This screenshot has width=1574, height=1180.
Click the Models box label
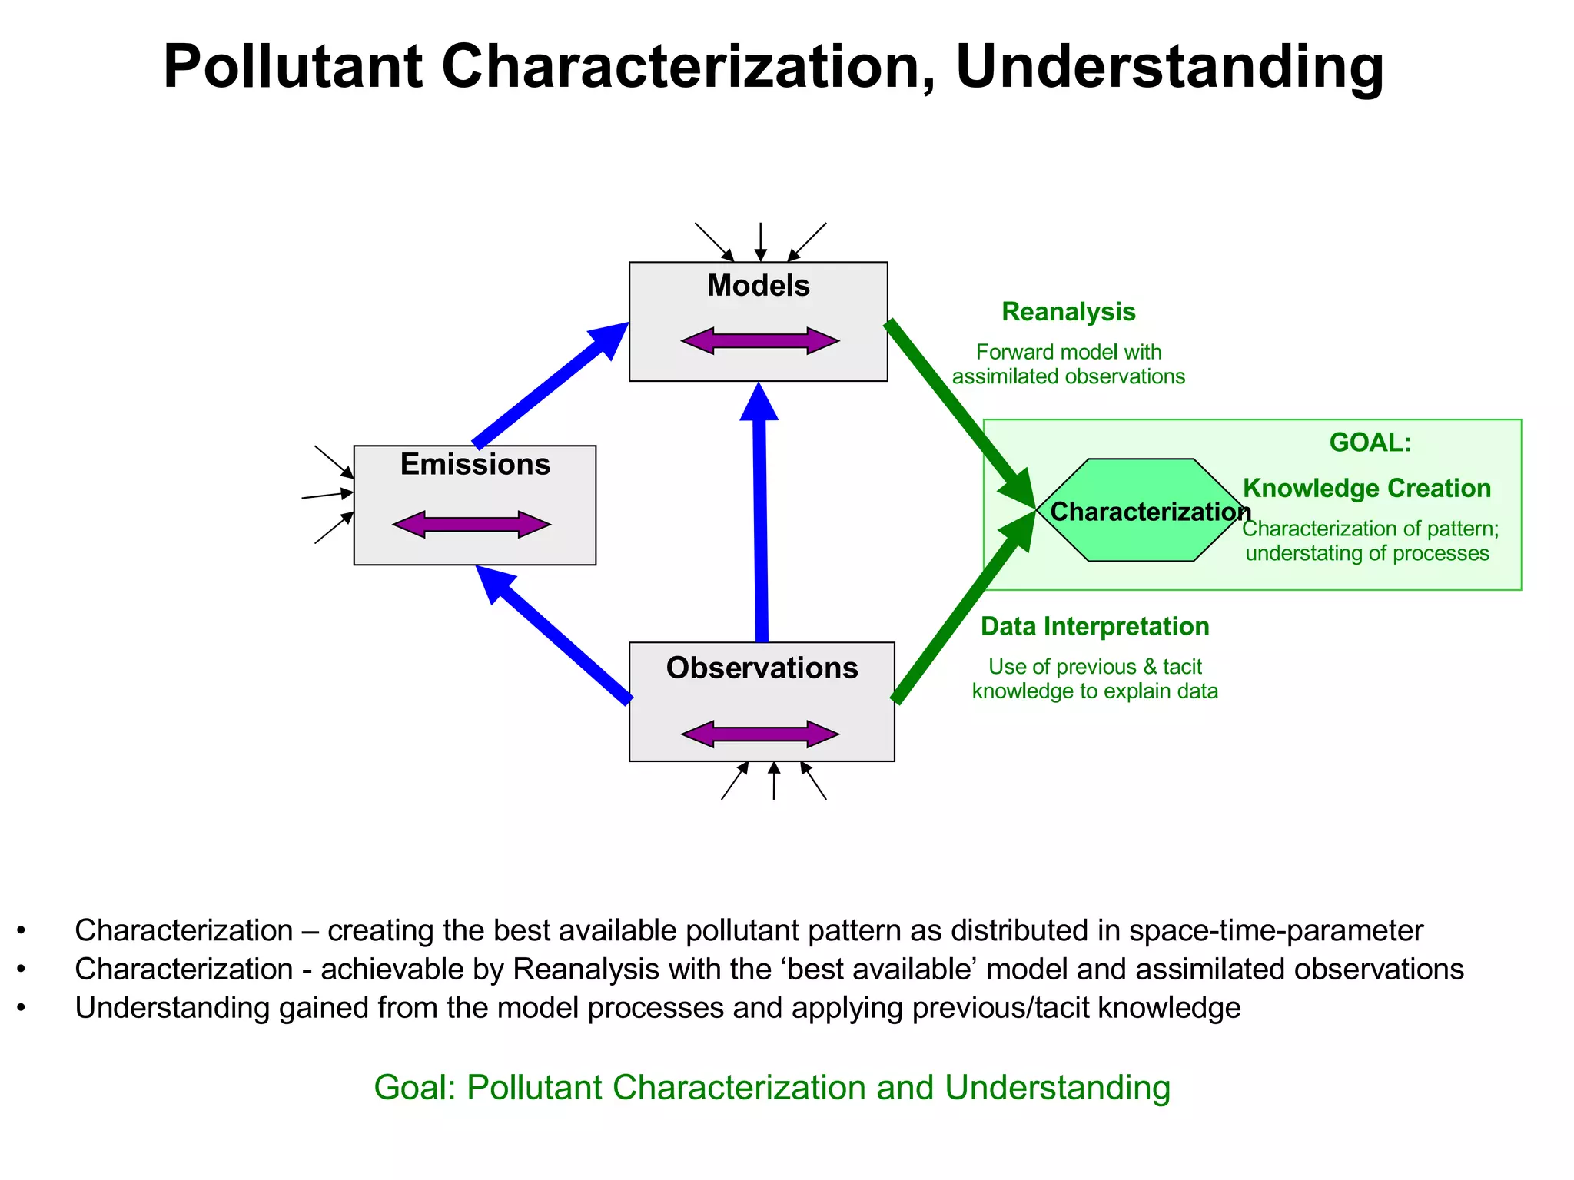pyautogui.click(x=758, y=286)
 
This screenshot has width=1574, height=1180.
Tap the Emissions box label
pyautogui.click(x=475, y=465)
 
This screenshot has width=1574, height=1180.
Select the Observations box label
pyautogui.click(x=762, y=668)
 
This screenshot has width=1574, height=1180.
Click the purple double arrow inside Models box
pyautogui.click(x=760, y=340)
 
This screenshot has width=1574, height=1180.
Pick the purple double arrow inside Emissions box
pyautogui.click(x=472, y=525)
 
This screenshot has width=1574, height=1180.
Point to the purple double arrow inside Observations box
pyautogui.click(x=760, y=734)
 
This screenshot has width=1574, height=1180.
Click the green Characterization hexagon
pyautogui.click(x=1141, y=510)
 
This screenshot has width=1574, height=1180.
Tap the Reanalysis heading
pyautogui.click(x=1068, y=312)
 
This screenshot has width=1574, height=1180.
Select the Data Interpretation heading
pyautogui.click(x=1094, y=627)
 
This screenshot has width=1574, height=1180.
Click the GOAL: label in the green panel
pyautogui.click(x=1370, y=442)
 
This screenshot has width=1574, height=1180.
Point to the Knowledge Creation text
pyautogui.click(x=1366, y=489)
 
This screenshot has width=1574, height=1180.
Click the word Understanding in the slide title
pyautogui.click(x=1169, y=67)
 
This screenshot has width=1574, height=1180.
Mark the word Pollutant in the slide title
pyautogui.click(x=293, y=67)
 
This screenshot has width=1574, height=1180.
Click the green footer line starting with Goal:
pyautogui.click(x=772, y=1088)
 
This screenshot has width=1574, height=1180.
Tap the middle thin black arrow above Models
pyautogui.click(x=760, y=242)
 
